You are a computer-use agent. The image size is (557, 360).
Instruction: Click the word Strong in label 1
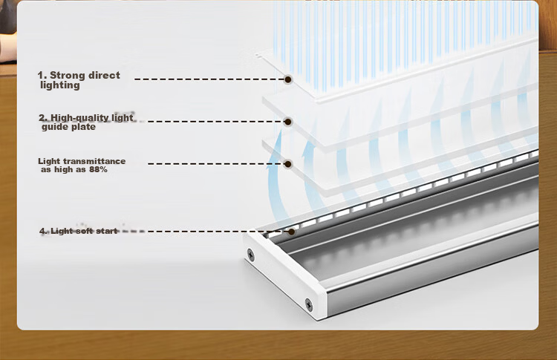tap(68, 76)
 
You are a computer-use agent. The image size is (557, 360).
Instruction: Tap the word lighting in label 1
tap(60, 85)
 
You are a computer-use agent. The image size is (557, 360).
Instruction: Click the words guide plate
tap(68, 127)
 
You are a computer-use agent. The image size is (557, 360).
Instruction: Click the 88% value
tap(98, 170)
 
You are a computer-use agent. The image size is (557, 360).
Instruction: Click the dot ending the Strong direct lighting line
tap(288, 79)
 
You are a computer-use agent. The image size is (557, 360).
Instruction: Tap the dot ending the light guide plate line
tap(288, 122)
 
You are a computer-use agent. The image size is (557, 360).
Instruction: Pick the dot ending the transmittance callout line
tap(288, 164)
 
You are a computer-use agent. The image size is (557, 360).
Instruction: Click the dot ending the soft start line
tap(291, 232)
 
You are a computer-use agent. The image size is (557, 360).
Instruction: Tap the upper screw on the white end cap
tap(251, 255)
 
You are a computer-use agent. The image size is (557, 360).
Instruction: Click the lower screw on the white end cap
tap(309, 304)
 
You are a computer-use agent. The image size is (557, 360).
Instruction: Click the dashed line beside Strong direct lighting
tap(209, 79)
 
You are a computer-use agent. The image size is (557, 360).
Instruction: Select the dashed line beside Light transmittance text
tap(216, 163)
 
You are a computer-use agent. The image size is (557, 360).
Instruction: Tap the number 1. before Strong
tap(42, 76)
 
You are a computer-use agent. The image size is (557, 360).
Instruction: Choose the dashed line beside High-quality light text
tap(216, 122)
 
